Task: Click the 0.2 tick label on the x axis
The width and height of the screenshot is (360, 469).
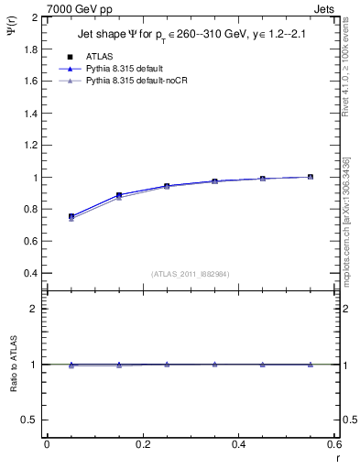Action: point(142,444)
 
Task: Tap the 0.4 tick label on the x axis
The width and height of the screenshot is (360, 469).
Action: point(238,444)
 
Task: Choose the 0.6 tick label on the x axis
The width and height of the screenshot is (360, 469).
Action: point(333,444)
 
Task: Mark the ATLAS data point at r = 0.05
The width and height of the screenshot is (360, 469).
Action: point(71,217)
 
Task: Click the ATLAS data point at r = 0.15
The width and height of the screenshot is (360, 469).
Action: point(119,195)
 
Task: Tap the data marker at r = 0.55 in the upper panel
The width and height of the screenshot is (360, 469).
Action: point(311,177)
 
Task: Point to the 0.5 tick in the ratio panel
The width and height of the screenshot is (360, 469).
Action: point(29,420)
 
